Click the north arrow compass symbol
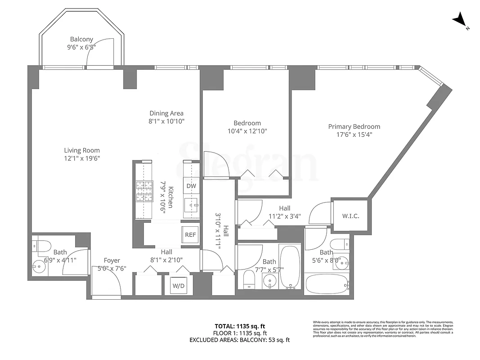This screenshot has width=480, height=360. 460,20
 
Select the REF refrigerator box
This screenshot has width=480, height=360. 190,234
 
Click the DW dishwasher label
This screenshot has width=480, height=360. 191,186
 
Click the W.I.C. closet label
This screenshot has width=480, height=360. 350,216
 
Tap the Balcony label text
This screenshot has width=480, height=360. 81,39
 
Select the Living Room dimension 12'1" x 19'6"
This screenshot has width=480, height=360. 81,158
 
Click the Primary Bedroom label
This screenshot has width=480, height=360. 354,126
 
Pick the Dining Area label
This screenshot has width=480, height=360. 166,113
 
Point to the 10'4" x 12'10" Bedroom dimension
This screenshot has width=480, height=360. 247,131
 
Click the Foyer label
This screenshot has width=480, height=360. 112,261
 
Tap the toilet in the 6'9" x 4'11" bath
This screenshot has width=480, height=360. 40,246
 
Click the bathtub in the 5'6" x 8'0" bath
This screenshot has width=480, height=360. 327,284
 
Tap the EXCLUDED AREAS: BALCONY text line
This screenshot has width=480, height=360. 240,340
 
